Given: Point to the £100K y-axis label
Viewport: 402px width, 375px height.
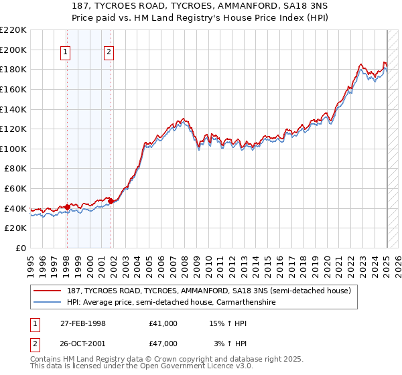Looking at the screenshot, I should click(13, 149).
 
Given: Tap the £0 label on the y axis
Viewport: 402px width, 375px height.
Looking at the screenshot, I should click(20, 248).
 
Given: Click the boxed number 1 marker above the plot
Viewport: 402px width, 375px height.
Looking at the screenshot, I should click(66, 54).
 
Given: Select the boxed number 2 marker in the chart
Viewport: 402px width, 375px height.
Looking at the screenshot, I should click(109, 54).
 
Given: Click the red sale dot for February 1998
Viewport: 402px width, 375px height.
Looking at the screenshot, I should click(67, 207).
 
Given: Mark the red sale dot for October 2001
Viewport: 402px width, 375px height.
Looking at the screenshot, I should click(111, 201).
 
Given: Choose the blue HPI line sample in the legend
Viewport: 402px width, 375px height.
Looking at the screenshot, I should click(48, 302).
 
